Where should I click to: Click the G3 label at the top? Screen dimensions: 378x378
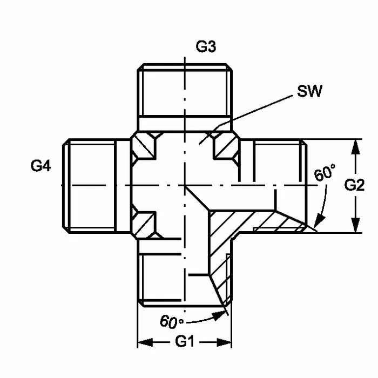(206, 47)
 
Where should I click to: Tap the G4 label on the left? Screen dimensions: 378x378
(40, 166)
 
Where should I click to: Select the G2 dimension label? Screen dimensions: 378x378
(354, 185)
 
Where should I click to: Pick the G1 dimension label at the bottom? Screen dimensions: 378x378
(185, 342)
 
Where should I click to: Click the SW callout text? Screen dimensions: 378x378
(309, 91)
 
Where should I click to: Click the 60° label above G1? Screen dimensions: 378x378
(172, 321)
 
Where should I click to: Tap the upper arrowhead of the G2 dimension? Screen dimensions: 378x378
(355, 147)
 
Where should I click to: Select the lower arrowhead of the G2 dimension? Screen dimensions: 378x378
(355, 225)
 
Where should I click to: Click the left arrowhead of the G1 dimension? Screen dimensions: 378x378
(145, 342)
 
